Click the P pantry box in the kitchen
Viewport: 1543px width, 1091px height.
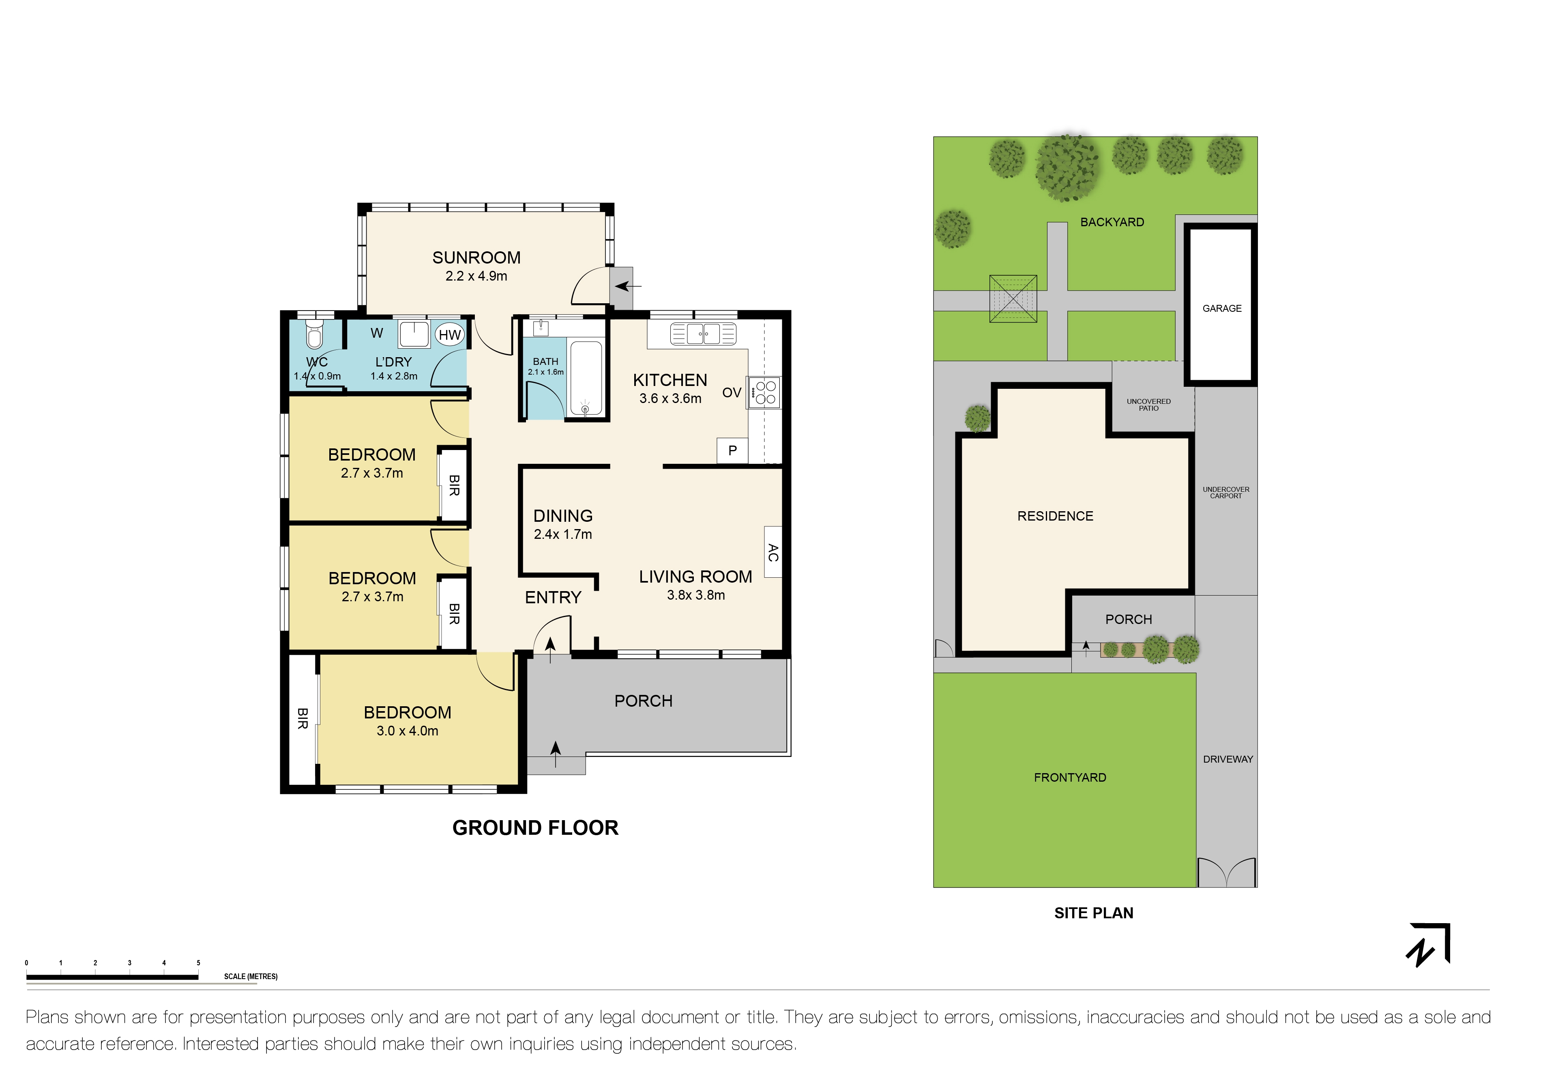click(x=732, y=450)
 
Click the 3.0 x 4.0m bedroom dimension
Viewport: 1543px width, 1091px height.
click(x=407, y=731)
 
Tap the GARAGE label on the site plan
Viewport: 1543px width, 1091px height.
click(x=1222, y=309)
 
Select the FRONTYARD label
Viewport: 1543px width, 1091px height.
click(x=1069, y=777)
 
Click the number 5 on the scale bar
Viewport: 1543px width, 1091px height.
click(x=198, y=963)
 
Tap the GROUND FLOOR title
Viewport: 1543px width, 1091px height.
click(x=535, y=827)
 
